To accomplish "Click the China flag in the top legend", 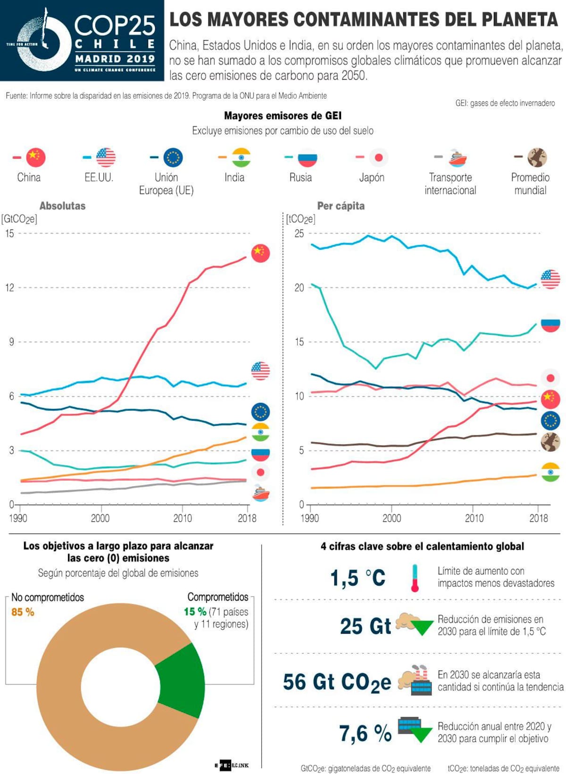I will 36,157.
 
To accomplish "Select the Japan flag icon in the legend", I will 378,157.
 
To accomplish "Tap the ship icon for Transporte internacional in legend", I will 457,158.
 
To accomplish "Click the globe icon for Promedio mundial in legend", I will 537,157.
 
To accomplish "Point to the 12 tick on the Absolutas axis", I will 9,287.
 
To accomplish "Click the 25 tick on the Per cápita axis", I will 299,233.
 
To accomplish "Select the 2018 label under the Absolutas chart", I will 247,518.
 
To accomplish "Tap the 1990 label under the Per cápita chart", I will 309,518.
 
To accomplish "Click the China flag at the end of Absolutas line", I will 260,253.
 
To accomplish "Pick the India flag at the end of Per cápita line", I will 550,472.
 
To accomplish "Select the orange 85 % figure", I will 23,612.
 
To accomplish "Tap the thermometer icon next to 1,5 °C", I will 415,578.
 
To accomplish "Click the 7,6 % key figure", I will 365,733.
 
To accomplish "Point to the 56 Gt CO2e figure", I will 337,682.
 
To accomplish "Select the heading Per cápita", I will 341,206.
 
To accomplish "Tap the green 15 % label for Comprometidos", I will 195,611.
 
